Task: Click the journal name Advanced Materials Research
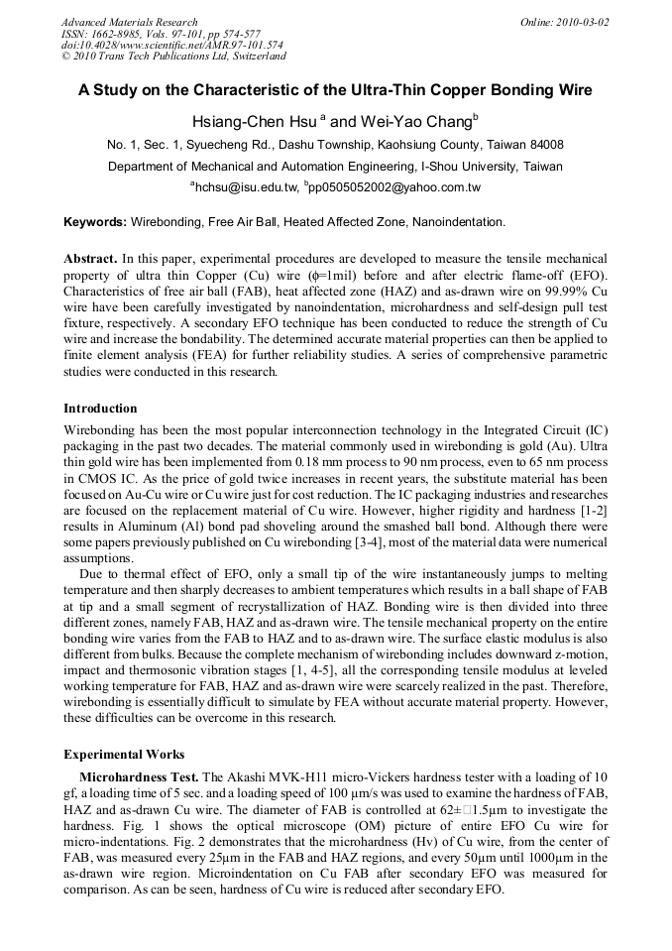click(129, 22)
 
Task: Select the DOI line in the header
click(171, 46)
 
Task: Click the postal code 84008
click(542, 145)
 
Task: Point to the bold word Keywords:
click(95, 222)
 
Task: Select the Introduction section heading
click(100, 409)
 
